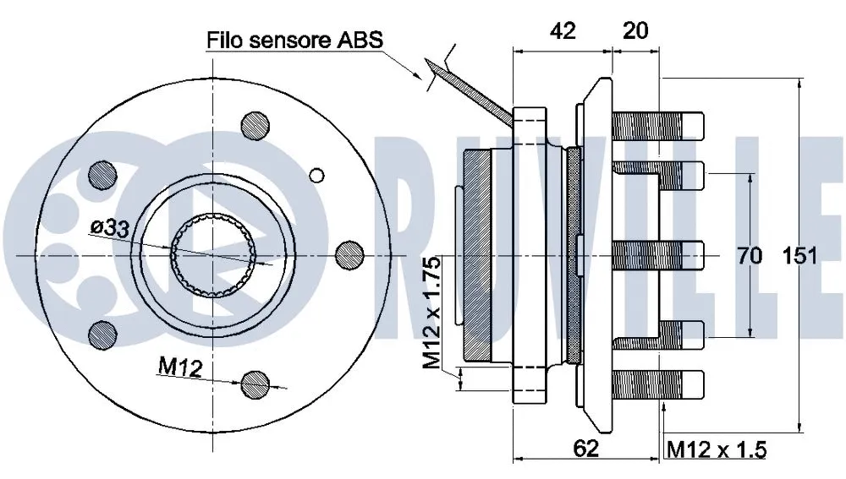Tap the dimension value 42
tap(563, 31)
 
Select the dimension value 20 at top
tap(635, 31)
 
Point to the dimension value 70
tap(750, 255)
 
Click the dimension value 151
tap(799, 255)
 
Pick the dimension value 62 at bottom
tap(585, 449)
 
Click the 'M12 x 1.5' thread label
tap(716, 449)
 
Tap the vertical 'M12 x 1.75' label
tap(432, 312)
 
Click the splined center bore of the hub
tap(214, 254)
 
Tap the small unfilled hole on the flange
tap(317, 175)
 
